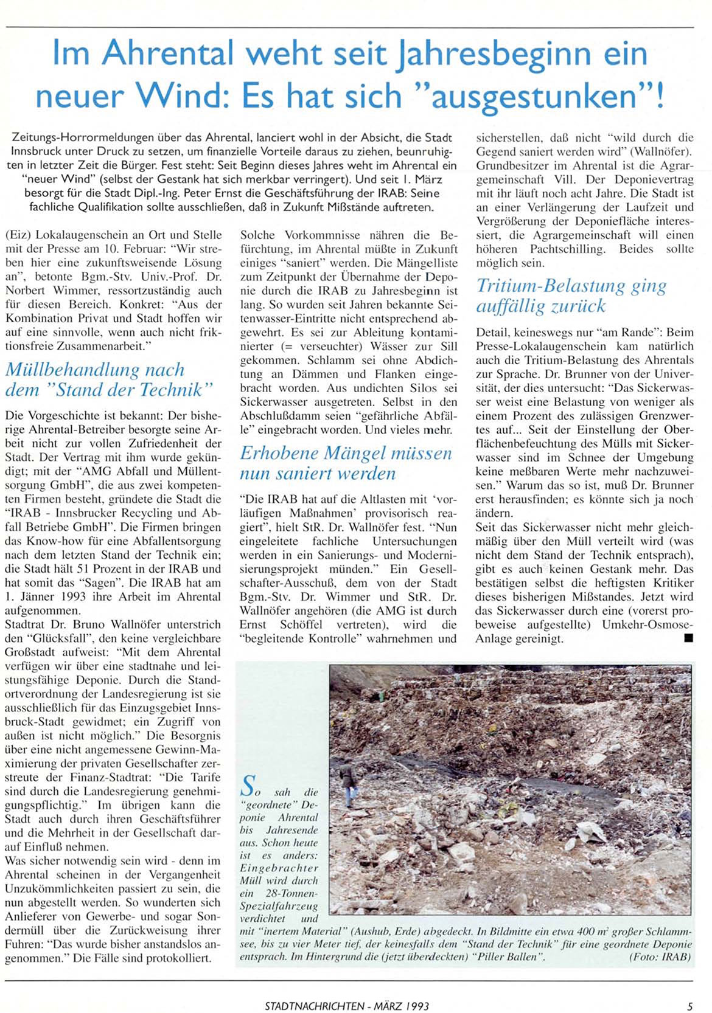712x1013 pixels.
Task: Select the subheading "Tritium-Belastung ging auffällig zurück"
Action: pyautogui.click(x=571, y=295)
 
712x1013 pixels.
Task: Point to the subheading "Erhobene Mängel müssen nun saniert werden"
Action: pyautogui.click(x=346, y=463)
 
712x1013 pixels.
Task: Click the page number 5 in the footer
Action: pyautogui.click(x=690, y=1006)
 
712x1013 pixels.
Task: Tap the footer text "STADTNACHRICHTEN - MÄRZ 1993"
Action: pyautogui.click(x=347, y=1006)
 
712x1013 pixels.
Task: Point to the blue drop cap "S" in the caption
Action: pyautogui.click(x=248, y=786)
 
